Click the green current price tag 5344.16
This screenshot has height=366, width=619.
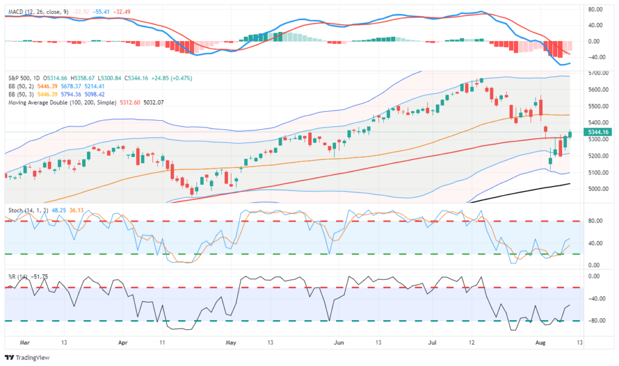click(598, 132)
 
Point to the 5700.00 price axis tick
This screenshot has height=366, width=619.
click(597, 73)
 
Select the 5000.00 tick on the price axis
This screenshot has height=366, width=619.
click(597, 189)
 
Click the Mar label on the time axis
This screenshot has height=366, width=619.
click(24, 342)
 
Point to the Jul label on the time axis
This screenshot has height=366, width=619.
click(433, 342)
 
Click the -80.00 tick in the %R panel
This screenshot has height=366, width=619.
click(595, 321)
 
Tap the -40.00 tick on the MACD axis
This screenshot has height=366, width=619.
click(595, 57)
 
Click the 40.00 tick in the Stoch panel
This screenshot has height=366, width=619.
click(595, 243)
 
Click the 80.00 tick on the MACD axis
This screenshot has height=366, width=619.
click(595, 9)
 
